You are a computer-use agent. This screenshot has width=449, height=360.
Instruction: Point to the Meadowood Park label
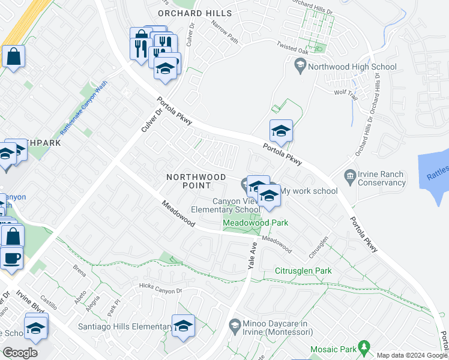click(x=256, y=223)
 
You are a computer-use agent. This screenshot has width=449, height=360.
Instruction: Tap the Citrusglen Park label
click(x=303, y=271)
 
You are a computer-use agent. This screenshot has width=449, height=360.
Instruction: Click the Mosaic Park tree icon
click(x=363, y=347)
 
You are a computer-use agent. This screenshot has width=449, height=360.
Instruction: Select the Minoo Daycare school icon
click(x=235, y=326)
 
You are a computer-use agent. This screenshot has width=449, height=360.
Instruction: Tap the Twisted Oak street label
click(x=291, y=46)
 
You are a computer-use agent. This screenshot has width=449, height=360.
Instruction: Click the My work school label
click(x=309, y=191)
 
